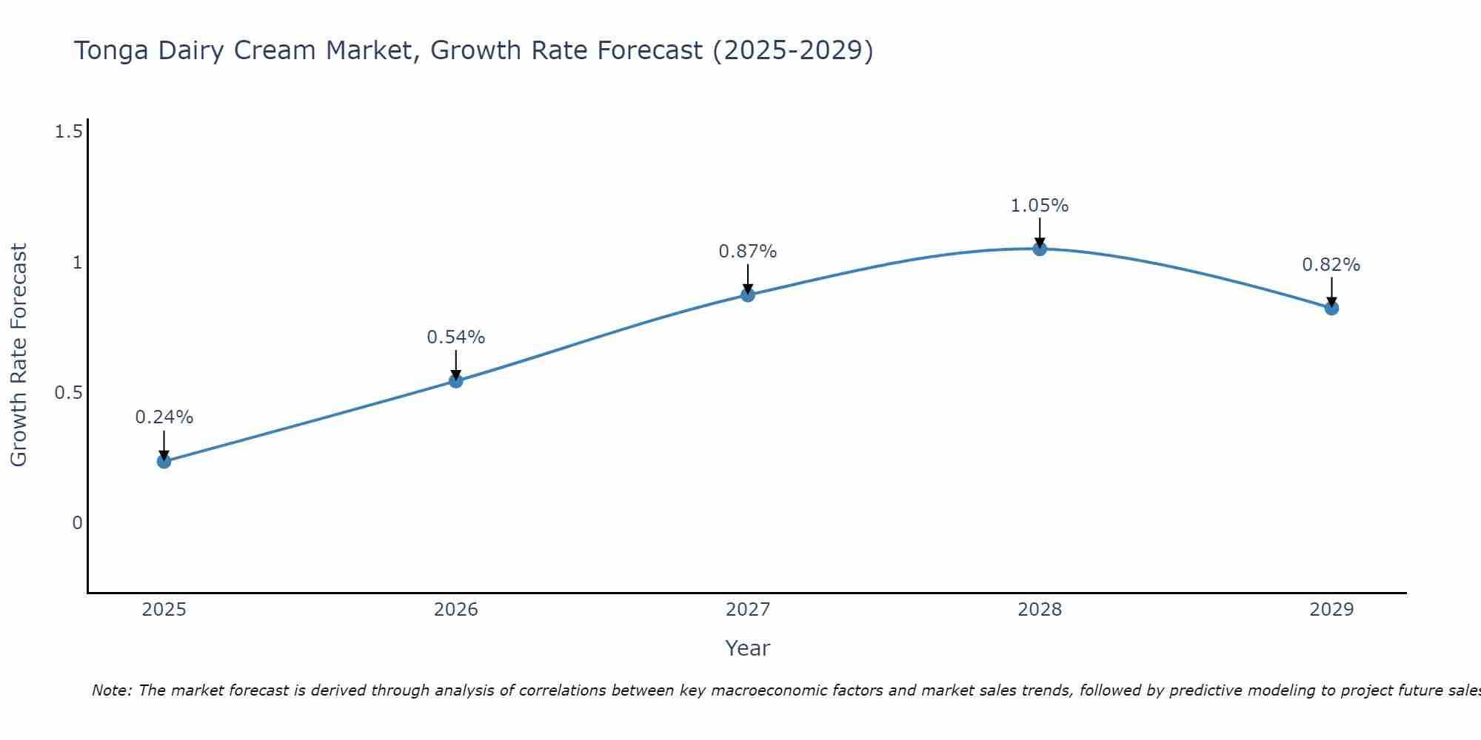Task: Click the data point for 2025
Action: coord(164,462)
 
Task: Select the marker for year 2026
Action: coord(456,381)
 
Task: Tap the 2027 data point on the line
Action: coord(748,295)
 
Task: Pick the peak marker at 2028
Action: coord(1040,249)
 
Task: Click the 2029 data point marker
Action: coord(1331,309)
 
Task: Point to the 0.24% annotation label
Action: coord(164,417)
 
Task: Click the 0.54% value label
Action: coord(456,337)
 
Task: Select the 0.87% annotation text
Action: coord(748,252)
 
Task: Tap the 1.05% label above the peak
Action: coord(1040,206)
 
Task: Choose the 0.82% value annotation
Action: coord(1331,265)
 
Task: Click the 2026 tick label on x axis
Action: coord(456,610)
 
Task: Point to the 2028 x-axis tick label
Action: coord(1040,610)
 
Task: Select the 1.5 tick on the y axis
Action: coord(68,132)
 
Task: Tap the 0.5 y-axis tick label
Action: coord(68,393)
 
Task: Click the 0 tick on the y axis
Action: coord(77,523)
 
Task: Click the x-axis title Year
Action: coord(748,648)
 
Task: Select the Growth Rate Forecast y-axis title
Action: coord(19,355)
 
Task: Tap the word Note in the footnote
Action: coord(111,690)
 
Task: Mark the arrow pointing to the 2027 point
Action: coord(748,279)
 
